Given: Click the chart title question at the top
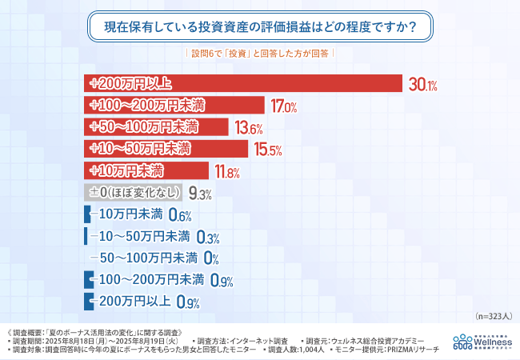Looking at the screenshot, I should tap(260, 26).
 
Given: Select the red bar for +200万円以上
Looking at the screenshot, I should tap(242, 83).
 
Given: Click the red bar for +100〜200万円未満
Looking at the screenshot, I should tap(174, 105).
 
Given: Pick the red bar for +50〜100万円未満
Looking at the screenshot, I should tap(156, 126).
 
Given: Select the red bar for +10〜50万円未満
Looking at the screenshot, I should tap(166, 148).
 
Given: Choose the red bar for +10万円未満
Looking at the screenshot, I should tap(146, 170).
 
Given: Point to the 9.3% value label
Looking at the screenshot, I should tap(201, 194).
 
